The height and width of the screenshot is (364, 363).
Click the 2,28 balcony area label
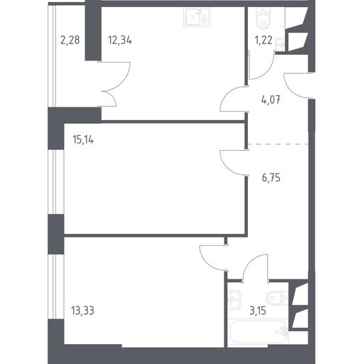click(x=70, y=40)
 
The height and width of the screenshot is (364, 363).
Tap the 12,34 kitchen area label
click(x=120, y=40)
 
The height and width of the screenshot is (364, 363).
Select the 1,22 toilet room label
click(x=264, y=40)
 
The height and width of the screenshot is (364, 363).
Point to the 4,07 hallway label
click(x=271, y=100)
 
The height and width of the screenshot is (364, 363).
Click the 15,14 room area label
click(x=83, y=140)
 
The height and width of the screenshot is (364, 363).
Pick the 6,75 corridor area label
click(x=271, y=178)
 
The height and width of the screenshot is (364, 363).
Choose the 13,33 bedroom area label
click(x=82, y=311)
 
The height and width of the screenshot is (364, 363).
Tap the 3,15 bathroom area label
click(x=258, y=311)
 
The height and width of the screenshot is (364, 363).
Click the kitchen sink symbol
click(x=197, y=18)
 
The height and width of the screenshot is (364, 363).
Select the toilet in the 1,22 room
click(x=262, y=16)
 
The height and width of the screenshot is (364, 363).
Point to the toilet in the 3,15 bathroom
click(x=276, y=298)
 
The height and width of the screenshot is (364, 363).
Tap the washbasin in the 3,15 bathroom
click(x=234, y=300)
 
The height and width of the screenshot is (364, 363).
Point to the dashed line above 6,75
click(x=278, y=144)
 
